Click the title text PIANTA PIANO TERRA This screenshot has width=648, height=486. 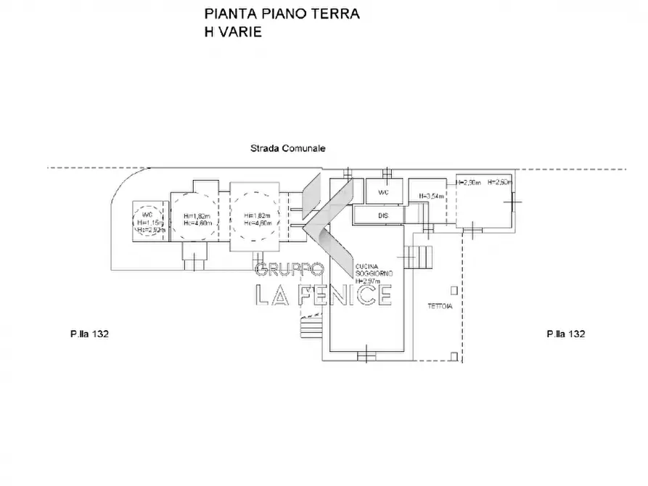coord(282,14)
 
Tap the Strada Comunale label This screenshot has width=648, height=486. coord(288,148)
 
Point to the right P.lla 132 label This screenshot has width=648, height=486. coord(566,334)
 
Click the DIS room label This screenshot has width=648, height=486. coord(383,215)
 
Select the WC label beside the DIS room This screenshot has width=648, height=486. coord(384,193)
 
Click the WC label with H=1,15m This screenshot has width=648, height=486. coord(147,215)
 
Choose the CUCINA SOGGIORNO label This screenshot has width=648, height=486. coord(374,269)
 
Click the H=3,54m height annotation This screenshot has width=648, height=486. coord(432,196)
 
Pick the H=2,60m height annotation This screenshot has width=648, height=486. coord(501,182)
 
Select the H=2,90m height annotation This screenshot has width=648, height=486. coord(469,182)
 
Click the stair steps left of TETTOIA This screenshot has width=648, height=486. coord(419,256)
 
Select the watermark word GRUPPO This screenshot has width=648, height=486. coord(289,269)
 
